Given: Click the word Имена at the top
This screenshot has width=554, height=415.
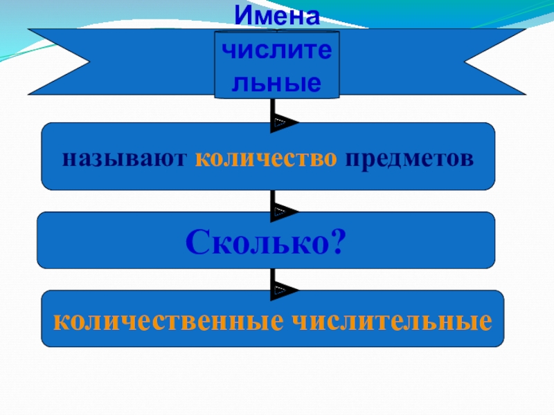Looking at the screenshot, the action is pyautogui.click(x=277, y=15).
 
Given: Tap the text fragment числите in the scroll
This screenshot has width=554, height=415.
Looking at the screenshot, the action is pyautogui.click(x=277, y=50).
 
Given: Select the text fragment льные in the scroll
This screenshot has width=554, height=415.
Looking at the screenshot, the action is pyautogui.click(x=277, y=83).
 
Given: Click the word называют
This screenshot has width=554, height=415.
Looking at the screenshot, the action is pyautogui.click(x=125, y=158).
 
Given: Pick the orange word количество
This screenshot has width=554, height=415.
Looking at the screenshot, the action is pyautogui.click(x=267, y=158).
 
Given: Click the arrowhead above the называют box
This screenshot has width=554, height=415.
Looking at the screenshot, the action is pyautogui.click(x=284, y=122).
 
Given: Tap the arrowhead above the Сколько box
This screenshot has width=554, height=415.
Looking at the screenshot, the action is pyautogui.click(x=284, y=210).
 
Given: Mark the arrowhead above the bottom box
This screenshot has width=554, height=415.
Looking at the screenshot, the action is pyautogui.click(x=284, y=289).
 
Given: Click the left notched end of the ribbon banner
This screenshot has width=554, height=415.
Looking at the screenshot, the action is pyautogui.click(x=55, y=62).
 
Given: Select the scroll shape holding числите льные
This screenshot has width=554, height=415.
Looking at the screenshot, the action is pyautogui.click(x=277, y=64).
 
